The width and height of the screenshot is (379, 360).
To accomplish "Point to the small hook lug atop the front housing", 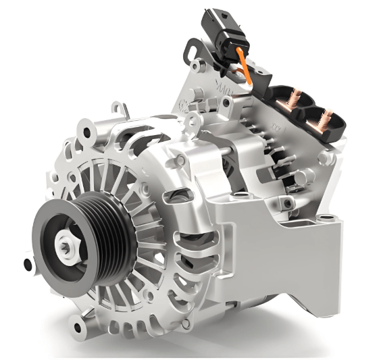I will click(x=120, y=107).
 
